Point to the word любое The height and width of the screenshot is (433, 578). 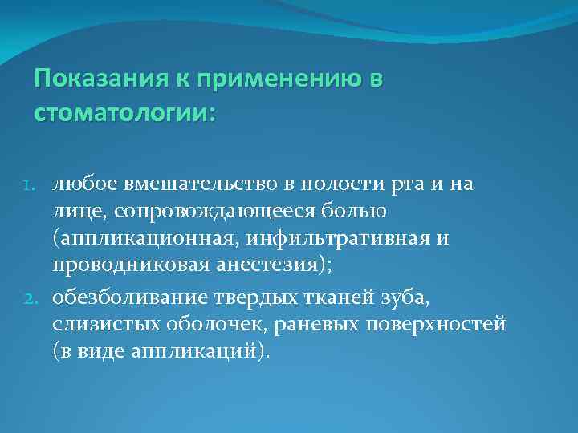point(83,184)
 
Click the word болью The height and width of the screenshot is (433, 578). point(359,211)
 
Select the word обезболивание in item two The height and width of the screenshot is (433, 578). point(132,299)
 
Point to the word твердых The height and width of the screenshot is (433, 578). point(260,299)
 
